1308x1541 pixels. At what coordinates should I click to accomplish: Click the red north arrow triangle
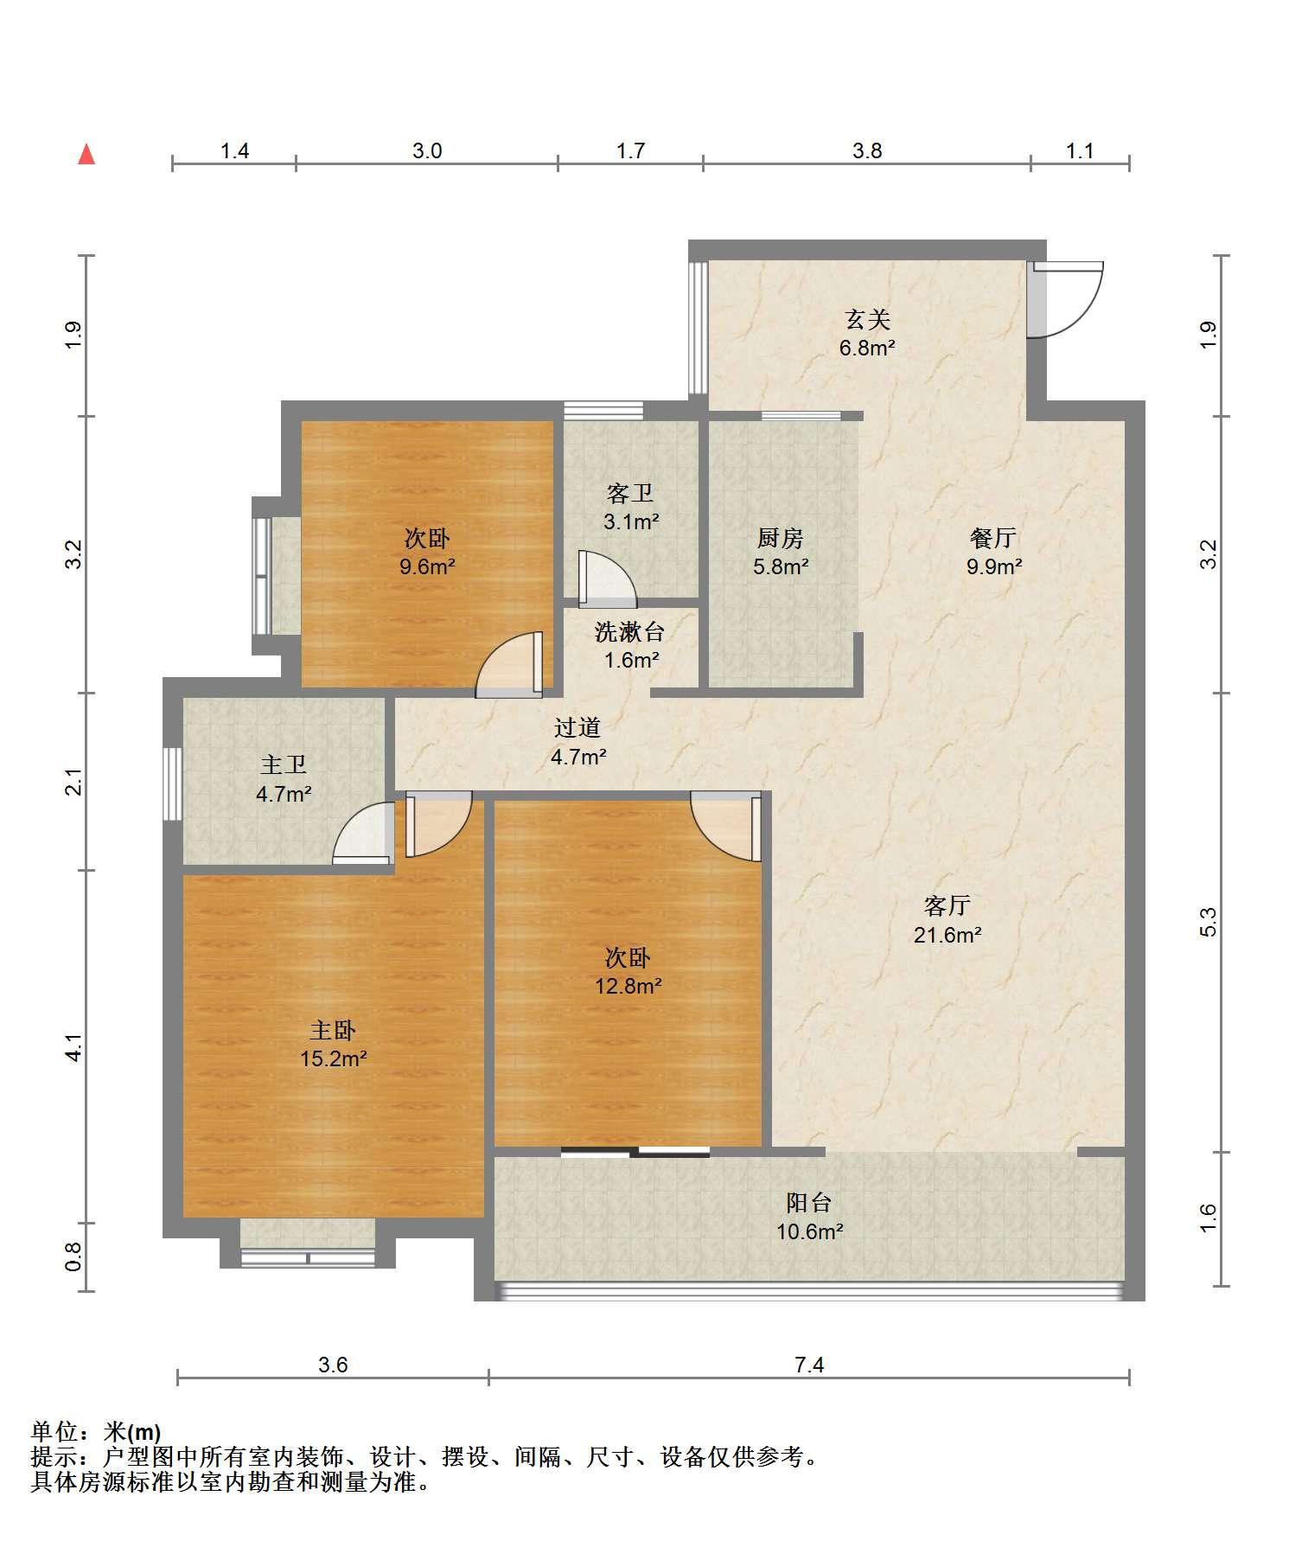[86, 154]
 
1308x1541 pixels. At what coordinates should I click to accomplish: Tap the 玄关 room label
[867, 320]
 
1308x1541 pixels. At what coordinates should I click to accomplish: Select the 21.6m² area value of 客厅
[948, 934]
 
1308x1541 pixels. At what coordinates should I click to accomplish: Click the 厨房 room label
[780, 538]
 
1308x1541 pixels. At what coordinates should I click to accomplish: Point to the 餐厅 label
[993, 538]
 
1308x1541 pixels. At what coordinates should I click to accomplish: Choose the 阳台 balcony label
[809, 1202]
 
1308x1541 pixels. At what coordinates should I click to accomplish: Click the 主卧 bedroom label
[333, 1030]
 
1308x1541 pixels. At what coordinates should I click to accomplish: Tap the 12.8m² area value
[628, 985]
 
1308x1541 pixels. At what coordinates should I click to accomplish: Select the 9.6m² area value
[427, 566]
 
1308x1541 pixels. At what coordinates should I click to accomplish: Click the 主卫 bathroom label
[284, 764]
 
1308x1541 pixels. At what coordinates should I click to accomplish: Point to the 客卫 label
[630, 493]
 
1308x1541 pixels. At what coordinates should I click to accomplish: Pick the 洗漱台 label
[629, 631]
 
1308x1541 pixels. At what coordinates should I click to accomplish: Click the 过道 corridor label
[577, 728]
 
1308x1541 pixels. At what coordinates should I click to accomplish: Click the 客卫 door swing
[608, 576]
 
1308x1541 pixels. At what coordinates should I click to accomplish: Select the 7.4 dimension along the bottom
[809, 1365]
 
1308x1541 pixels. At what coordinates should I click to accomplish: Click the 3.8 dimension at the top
[867, 150]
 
